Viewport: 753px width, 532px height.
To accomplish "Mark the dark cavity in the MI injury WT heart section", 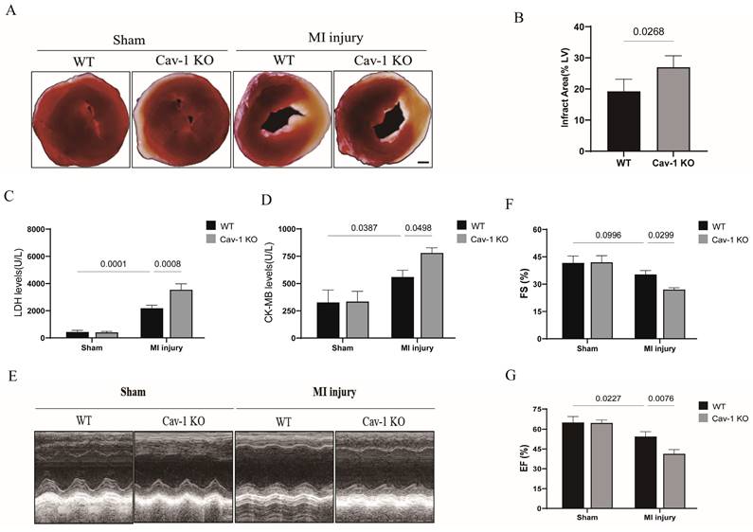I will (x=281, y=120).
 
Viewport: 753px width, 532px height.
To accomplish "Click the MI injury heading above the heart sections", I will (x=332, y=40).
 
